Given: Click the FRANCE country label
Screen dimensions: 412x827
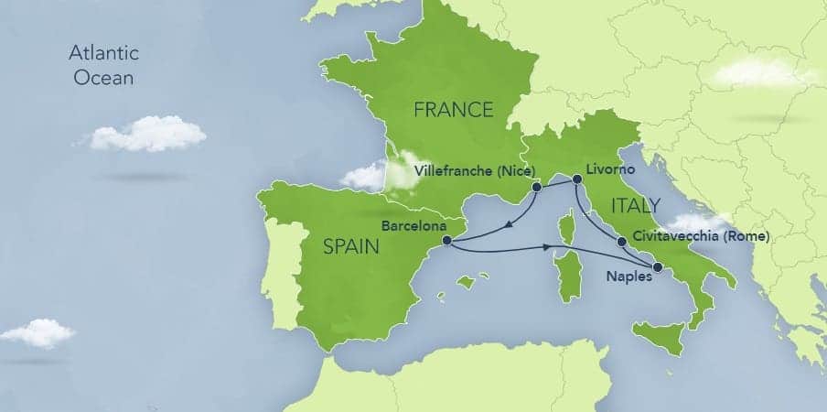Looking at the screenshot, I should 453,110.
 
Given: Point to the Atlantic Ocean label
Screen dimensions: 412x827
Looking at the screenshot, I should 103,66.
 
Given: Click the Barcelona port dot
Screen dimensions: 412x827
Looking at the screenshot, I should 446,241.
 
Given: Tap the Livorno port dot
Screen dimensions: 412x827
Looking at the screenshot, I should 576,180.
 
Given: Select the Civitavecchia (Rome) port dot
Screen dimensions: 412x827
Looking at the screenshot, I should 622,243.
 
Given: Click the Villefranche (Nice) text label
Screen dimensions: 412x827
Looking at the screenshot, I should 467,170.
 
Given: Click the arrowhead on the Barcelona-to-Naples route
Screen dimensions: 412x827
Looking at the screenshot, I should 552,247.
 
